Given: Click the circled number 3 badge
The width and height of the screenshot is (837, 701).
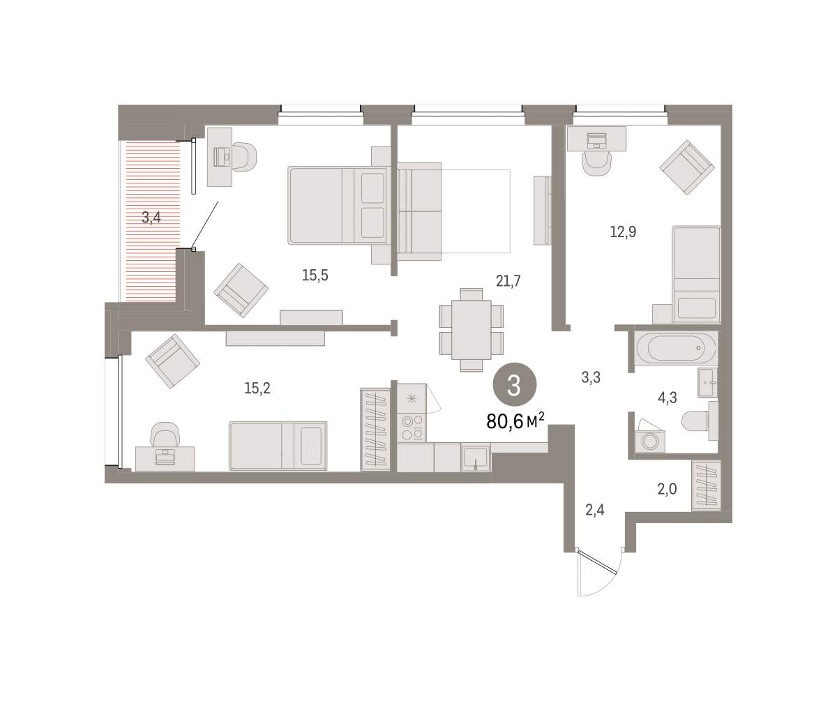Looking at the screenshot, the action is click(x=514, y=385).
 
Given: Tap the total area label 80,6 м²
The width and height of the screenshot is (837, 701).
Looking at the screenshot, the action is click(x=515, y=421).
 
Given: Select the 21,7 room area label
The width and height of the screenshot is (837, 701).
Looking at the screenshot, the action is click(x=508, y=281).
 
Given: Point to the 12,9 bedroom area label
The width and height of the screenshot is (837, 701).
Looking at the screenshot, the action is click(x=623, y=232).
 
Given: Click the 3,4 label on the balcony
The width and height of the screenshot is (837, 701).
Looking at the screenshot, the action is click(x=151, y=218).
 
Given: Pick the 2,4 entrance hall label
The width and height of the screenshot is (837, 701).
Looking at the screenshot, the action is click(x=594, y=510).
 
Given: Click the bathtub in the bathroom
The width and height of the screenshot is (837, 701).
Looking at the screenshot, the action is click(x=676, y=348).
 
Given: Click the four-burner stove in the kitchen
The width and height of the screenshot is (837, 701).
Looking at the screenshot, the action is click(x=412, y=428).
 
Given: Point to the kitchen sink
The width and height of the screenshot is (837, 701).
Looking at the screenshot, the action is click(x=476, y=458).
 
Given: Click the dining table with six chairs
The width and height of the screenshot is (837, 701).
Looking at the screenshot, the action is click(x=471, y=330).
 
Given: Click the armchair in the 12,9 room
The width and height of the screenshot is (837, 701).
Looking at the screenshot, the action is click(x=687, y=167).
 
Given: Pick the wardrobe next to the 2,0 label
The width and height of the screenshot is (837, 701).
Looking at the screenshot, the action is click(x=707, y=485).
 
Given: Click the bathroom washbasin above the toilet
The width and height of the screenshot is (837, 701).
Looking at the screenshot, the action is click(x=707, y=382).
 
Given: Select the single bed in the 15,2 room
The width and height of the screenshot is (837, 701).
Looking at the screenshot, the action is click(x=278, y=445).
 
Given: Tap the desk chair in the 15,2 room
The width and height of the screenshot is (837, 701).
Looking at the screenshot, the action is click(x=165, y=435).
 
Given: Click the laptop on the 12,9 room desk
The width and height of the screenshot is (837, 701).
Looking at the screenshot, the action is click(x=597, y=140).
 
